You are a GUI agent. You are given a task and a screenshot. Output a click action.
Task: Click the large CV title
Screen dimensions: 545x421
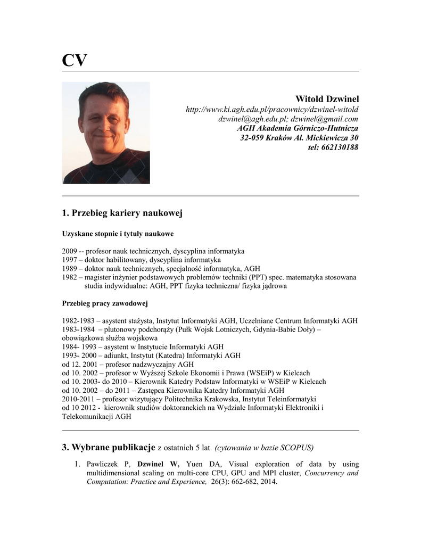(x=74, y=60)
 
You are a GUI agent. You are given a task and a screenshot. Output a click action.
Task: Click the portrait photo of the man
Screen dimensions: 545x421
(x=106, y=133)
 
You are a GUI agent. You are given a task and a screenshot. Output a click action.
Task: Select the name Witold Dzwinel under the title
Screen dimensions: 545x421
(x=327, y=99)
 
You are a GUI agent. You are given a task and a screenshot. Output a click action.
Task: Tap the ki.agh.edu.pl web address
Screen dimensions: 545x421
(x=271, y=110)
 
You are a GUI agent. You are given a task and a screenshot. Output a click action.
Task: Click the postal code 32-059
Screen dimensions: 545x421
(x=254, y=138)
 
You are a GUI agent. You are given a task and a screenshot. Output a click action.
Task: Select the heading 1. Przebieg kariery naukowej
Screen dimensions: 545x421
(x=122, y=213)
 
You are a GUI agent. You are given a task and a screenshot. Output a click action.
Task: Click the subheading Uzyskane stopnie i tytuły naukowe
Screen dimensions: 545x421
(x=118, y=234)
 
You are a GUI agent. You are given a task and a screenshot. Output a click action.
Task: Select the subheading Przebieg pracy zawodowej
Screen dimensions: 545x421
(x=105, y=303)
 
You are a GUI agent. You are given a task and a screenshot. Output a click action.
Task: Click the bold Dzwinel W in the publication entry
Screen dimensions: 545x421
(x=158, y=464)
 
